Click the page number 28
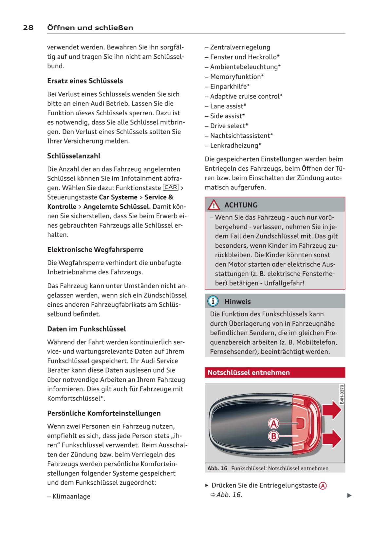28,28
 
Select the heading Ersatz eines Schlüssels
85,81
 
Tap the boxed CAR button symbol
171,187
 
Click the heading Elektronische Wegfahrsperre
95,250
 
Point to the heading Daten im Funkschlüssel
86,329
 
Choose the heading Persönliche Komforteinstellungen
104,414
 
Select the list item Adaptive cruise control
246,96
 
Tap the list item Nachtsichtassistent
241,136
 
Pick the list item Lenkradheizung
235,145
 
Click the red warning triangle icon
214,205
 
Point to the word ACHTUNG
241,205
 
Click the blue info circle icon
213,301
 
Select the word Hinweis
237,302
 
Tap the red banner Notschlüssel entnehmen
275,373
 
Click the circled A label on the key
273,424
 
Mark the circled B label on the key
273,436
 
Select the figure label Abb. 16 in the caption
217,469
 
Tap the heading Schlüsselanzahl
74,156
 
